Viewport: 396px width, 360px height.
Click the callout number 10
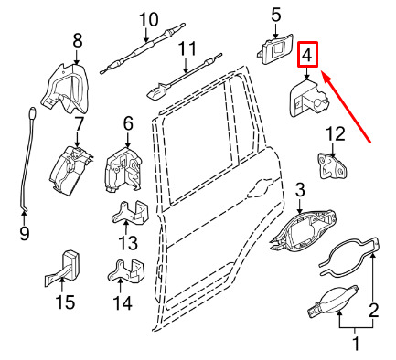pos(149,19)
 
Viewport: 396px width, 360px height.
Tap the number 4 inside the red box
pos(307,55)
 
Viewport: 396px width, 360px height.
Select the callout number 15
pos(65,302)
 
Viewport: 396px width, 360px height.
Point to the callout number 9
pos(24,234)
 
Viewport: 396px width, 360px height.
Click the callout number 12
pos(336,134)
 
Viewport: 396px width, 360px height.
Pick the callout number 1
pos(356,344)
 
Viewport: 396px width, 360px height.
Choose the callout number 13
pos(128,243)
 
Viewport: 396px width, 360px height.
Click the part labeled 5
pos(274,48)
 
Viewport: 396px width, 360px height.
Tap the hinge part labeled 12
pos(332,166)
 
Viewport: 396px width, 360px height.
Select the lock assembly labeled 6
pos(123,170)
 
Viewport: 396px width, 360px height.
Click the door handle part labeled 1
pos(332,302)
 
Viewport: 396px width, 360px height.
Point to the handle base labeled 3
pos(304,231)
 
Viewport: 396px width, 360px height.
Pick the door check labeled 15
pos(63,268)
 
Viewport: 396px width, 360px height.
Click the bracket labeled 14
pos(127,270)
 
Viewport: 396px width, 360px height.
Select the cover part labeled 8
pos(66,88)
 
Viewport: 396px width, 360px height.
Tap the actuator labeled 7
pos(70,171)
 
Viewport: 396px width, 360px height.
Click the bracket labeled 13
pos(130,212)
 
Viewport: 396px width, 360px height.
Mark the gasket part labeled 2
pos(350,256)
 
